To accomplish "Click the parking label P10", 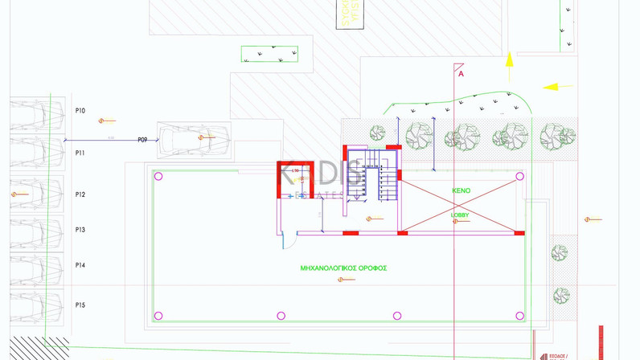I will coord(80,112).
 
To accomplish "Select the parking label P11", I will coord(80,153).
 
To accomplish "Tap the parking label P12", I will coord(80,194).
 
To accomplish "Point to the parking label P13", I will coord(80,230).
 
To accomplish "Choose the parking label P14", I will coord(80,265).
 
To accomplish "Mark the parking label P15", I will coord(80,305).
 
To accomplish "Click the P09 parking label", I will coord(142,139).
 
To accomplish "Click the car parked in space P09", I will coord(194,140).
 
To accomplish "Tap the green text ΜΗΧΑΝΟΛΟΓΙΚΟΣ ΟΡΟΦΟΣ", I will coord(343,268).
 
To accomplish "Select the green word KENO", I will coord(462,191).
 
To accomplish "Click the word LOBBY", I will coord(460,215).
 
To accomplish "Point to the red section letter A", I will coord(461,74).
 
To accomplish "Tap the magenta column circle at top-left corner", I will coord(158,176).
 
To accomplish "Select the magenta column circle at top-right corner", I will coord(519,176).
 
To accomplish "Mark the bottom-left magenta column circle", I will coord(158,316).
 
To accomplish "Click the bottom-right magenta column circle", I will coord(519,316).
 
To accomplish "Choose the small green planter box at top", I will coord(269,55).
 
